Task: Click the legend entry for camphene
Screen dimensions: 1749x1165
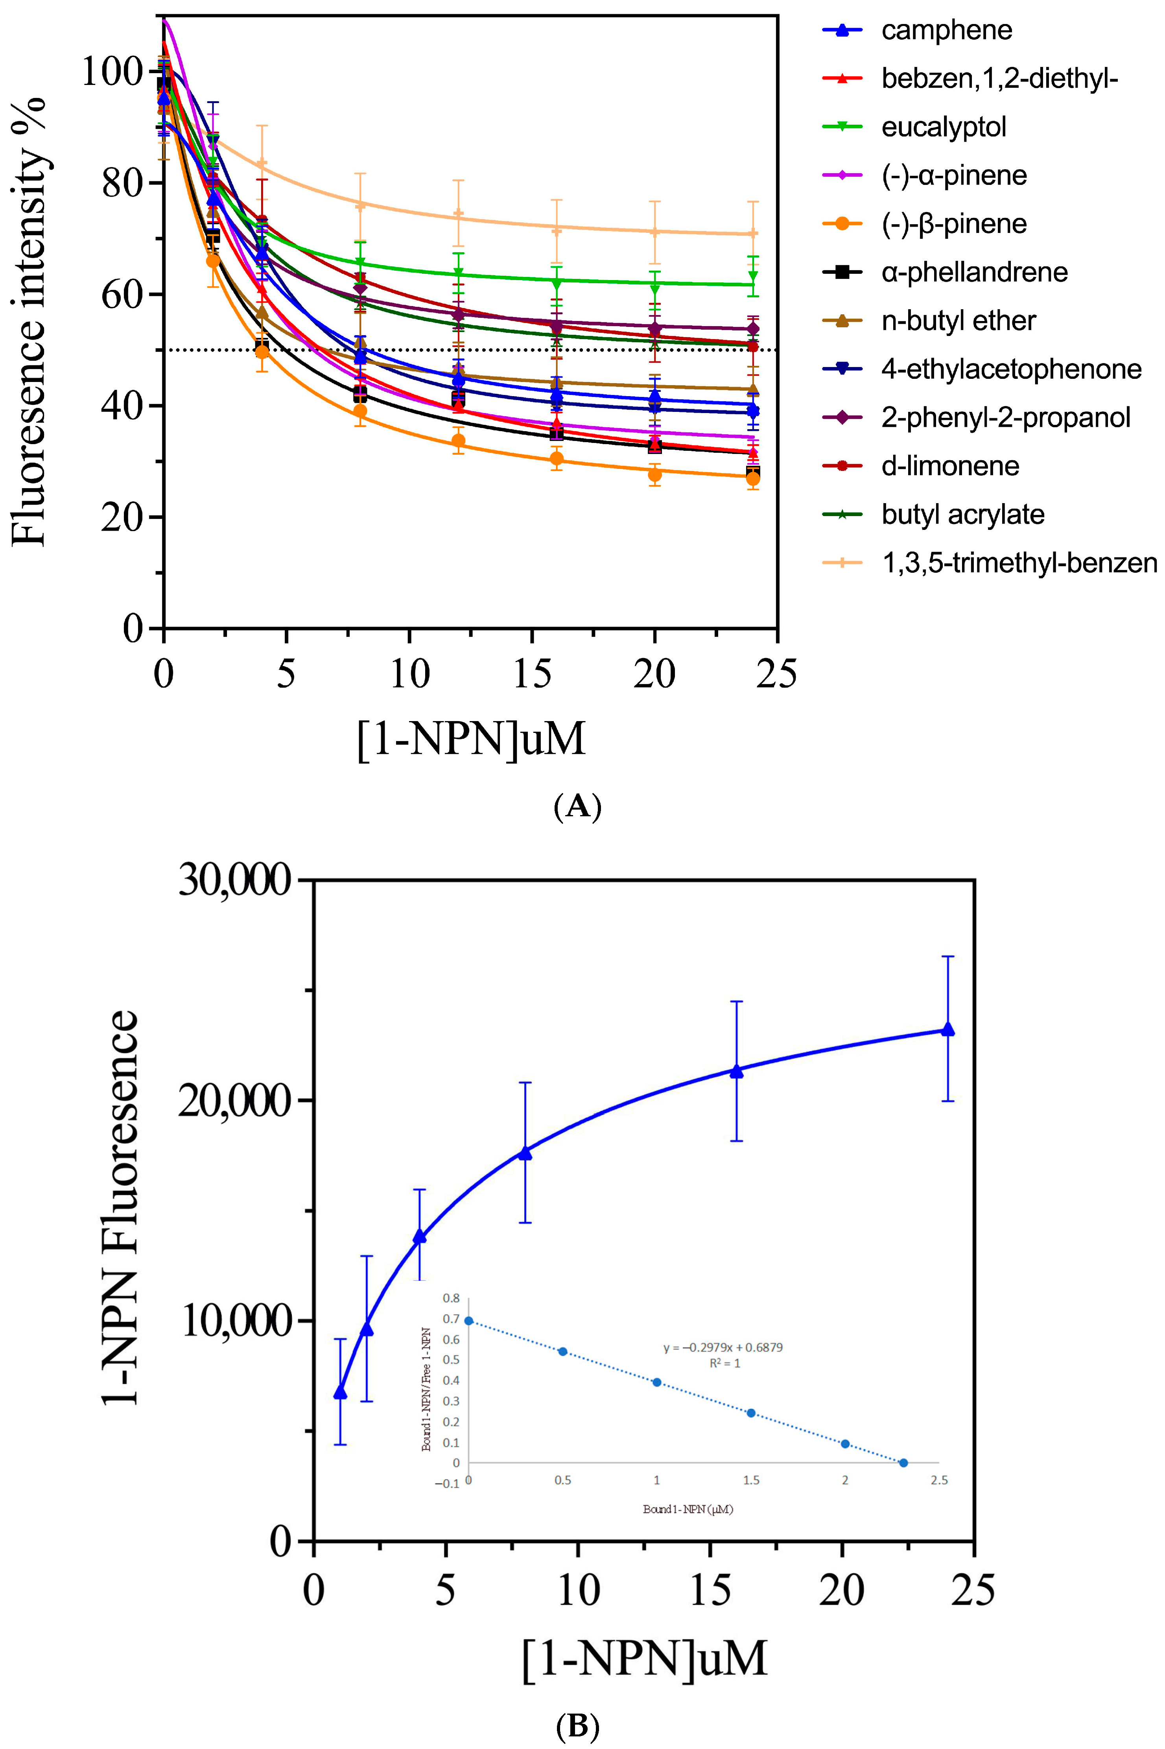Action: point(946,30)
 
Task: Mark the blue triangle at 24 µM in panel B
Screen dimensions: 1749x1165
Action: point(947,1029)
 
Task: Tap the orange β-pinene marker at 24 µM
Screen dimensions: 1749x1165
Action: point(753,478)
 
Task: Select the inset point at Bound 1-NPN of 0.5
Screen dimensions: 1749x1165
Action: point(562,1352)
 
